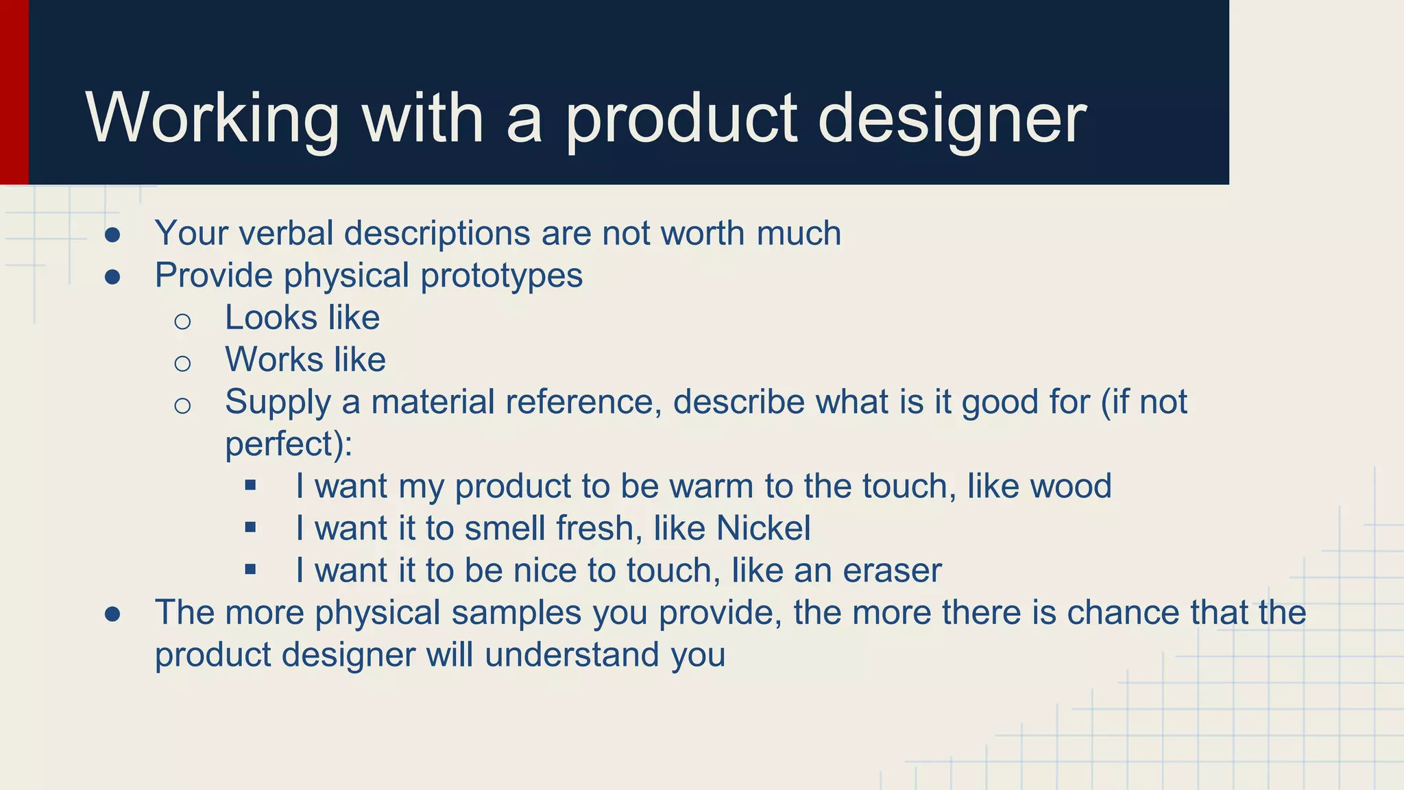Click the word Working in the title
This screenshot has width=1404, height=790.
(x=213, y=119)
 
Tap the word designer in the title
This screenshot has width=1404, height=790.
(x=952, y=119)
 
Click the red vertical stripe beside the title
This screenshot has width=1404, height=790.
(x=14, y=93)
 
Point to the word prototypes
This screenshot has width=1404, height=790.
(x=501, y=276)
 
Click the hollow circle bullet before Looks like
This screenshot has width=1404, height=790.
(x=182, y=321)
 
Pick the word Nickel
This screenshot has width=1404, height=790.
(x=763, y=529)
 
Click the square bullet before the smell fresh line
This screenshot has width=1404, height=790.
(x=250, y=527)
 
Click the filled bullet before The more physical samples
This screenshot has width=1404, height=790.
(x=113, y=614)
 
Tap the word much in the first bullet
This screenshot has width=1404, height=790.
(x=799, y=233)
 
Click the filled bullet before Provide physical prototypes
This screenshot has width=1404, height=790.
(x=113, y=277)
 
